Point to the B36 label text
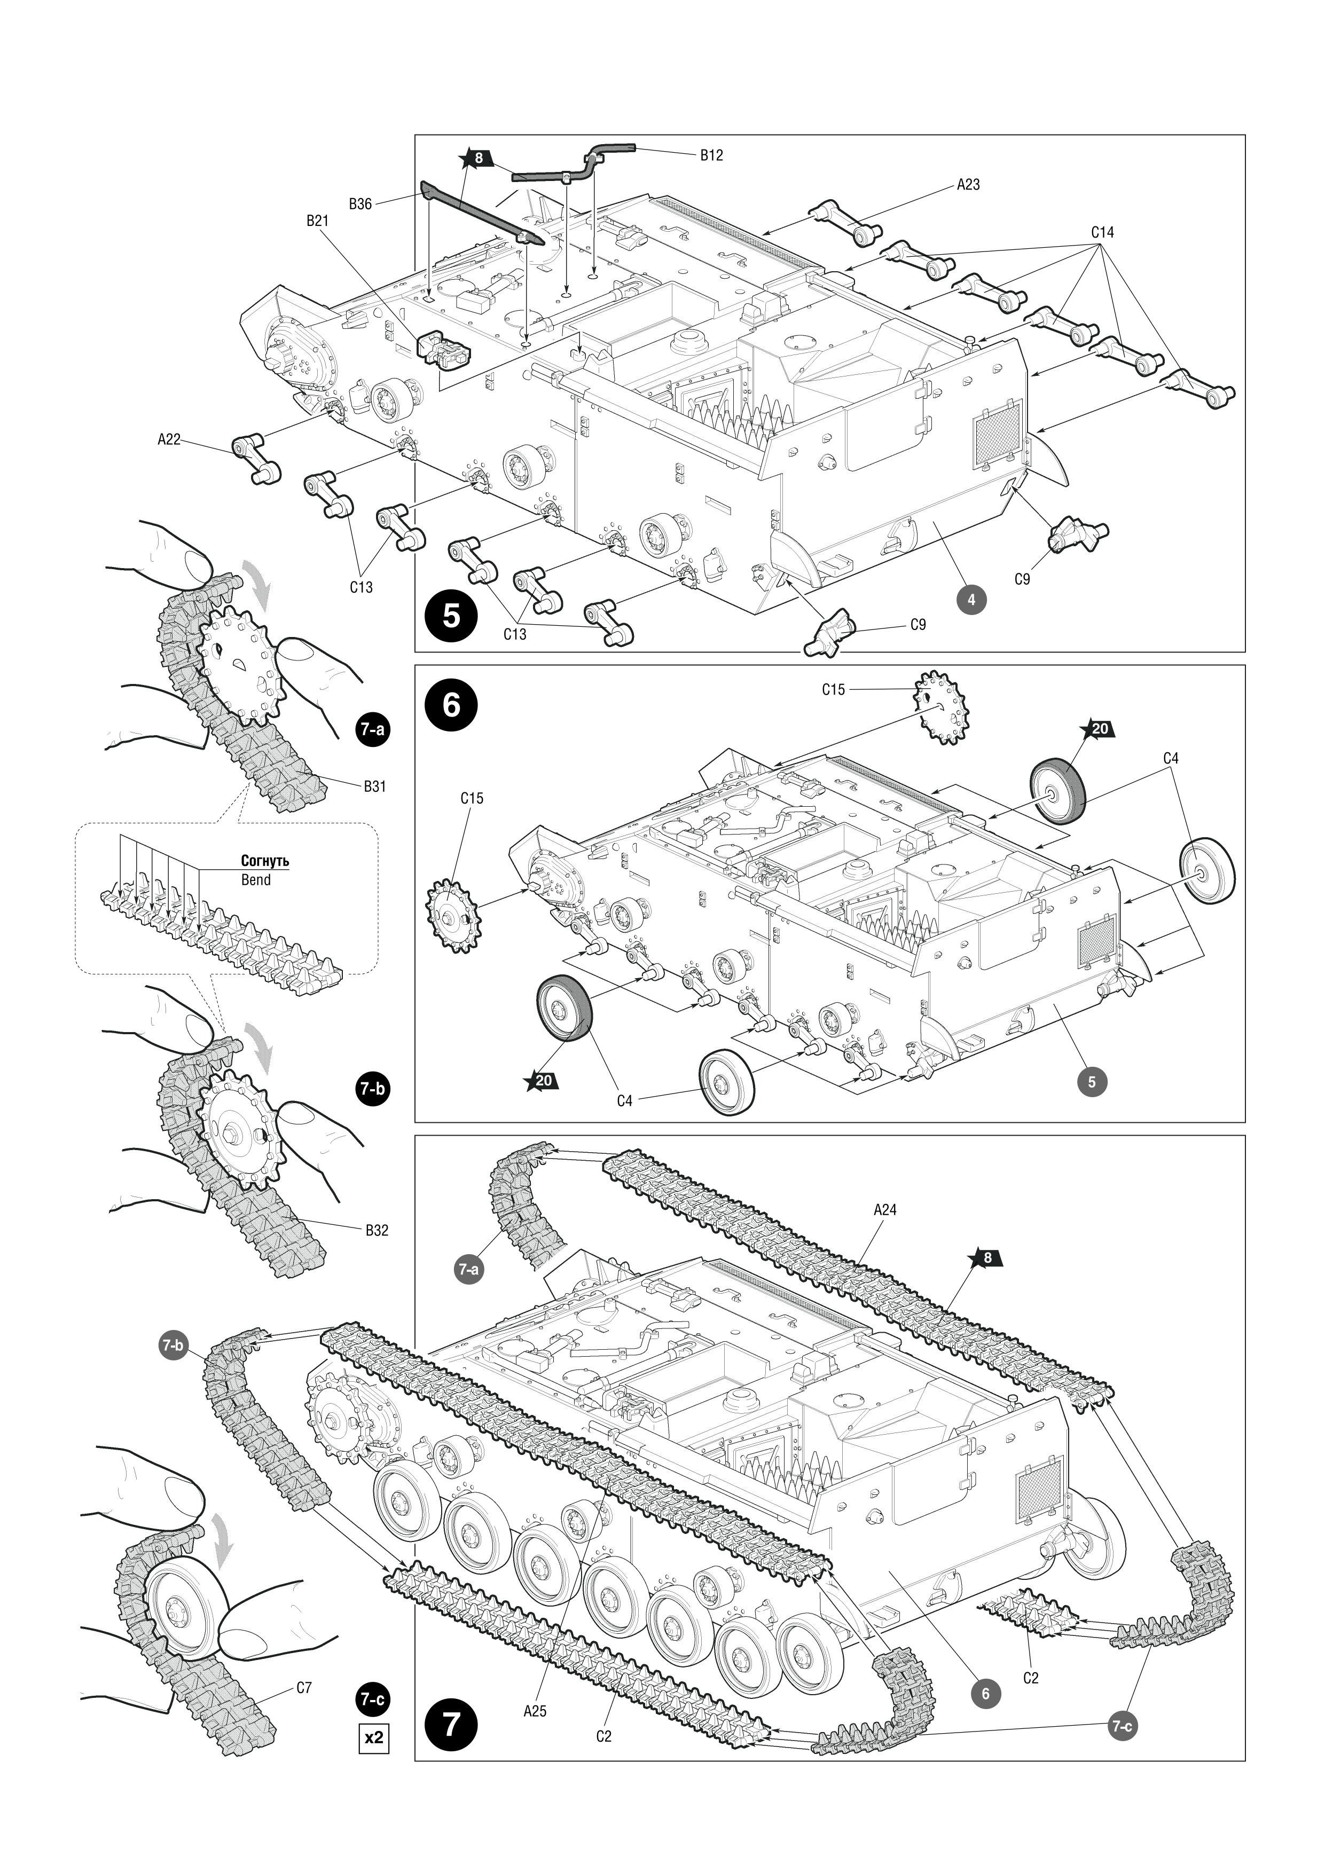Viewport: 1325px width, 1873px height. click(x=360, y=204)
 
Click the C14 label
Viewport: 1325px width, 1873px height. click(x=1102, y=232)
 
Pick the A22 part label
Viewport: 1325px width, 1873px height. click(x=169, y=440)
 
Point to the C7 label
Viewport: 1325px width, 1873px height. click(x=303, y=1688)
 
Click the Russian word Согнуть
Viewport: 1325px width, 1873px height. click(x=265, y=861)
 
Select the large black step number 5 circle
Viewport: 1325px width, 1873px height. click(x=452, y=616)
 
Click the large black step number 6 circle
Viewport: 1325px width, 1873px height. click(x=452, y=705)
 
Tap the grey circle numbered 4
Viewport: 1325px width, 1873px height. click(x=971, y=600)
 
